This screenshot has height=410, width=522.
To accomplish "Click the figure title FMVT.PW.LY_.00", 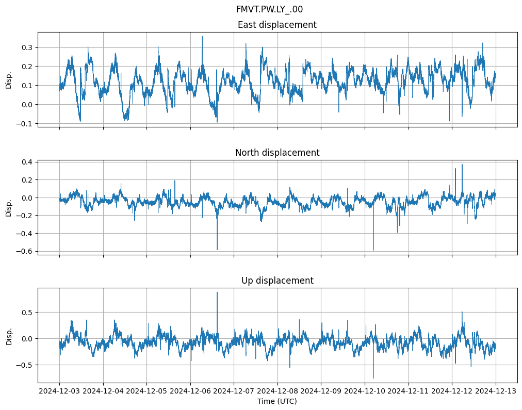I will (269, 9).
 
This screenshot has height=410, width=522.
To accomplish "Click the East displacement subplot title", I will (277, 25).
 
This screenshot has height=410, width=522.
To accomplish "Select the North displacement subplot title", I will (277, 153).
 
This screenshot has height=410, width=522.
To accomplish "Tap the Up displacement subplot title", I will (277, 281).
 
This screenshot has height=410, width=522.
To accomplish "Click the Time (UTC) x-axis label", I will (277, 401).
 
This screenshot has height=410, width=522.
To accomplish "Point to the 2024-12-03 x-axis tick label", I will (59, 391).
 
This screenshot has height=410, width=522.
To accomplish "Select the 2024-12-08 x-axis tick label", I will (278, 391).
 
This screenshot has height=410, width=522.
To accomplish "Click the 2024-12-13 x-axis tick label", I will (496, 391).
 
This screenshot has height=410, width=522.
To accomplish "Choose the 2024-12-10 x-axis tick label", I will (365, 391).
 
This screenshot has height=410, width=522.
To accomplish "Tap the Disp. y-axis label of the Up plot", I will (9, 335).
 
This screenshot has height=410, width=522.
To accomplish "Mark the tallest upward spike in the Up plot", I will (217, 292).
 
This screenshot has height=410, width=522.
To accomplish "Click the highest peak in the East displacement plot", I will (202, 37).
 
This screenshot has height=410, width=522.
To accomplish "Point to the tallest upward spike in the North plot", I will (462, 165).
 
